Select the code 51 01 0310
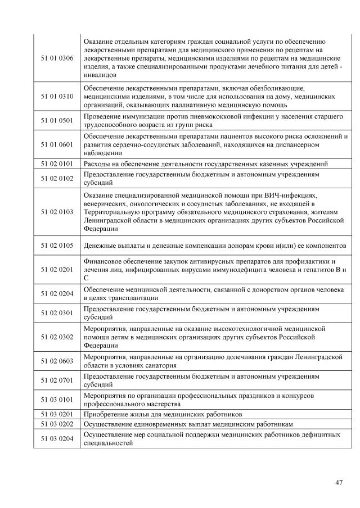coord(57,96)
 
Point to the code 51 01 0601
coord(57,144)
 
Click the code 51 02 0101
coord(57,164)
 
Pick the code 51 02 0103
coord(57,212)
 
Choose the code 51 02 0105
coord(57,246)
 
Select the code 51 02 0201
coord(57,269)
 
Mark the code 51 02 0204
coord(57,293)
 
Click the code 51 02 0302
coord(57,336)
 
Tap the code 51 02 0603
coord(57,360)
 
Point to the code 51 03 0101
coord(57,400)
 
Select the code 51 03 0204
coord(57,438)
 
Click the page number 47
coord(338,482)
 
